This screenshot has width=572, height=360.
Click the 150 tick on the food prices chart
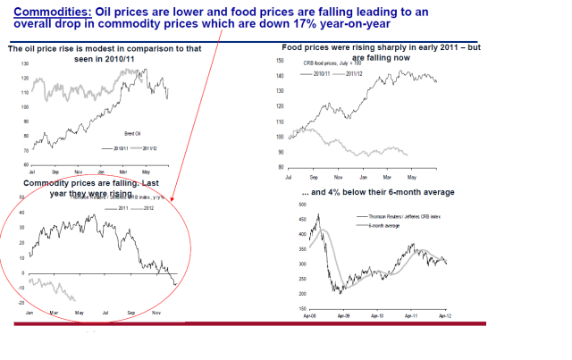tap(279, 61)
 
